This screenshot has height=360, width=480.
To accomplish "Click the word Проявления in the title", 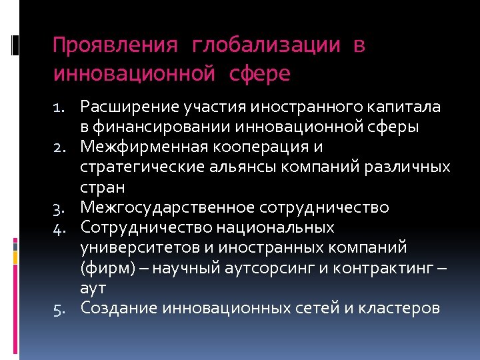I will [115, 46].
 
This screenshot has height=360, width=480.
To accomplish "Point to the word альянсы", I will [225, 167].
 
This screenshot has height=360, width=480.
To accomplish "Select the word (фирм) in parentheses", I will [103, 268].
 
